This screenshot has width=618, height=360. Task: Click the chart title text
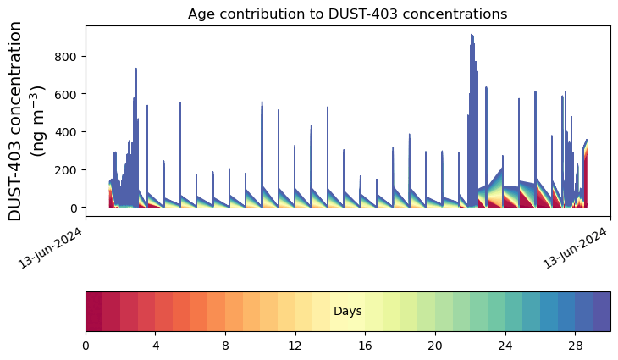tap(347, 14)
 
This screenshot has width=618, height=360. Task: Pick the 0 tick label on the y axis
tap(74, 208)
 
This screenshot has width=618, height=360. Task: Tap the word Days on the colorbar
tap(348, 312)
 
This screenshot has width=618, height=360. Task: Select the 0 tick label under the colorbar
tap(86, 346)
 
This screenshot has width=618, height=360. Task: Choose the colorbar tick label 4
tap(156, 346)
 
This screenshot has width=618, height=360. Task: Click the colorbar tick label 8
tap(225, 346)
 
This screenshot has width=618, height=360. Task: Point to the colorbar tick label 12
tap(295, 346)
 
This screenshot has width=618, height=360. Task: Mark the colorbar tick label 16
tap(366, 346)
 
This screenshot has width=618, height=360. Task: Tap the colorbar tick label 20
tap(435, 346)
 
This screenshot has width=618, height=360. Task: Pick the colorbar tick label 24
tap(505, 346)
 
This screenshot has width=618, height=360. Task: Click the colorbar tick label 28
tap(576, 346)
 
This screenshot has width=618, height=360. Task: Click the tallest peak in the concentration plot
tap(472, 36)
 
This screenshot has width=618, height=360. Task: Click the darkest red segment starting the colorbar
tap(94, 311)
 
